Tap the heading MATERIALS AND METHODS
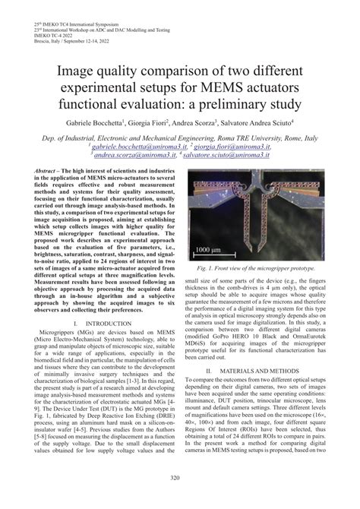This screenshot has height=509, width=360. click(263, 369)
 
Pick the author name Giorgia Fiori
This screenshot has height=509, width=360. click(149, 122)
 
